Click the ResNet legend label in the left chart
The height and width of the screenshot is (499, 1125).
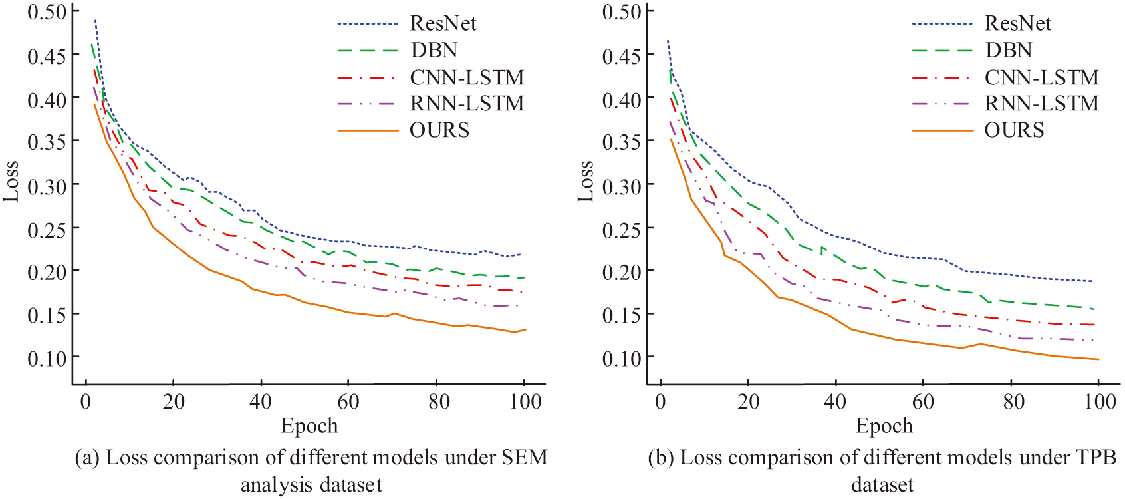point(443,23)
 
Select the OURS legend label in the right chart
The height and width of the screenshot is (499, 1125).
point(1014,130)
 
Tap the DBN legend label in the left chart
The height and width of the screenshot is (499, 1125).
point(434,50)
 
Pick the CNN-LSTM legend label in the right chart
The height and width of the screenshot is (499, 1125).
point(1041,77)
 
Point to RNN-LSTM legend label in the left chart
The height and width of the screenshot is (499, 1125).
point(467,103)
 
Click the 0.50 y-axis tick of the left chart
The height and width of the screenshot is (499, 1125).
point(47,12)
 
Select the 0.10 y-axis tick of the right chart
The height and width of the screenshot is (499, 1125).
point(622,358)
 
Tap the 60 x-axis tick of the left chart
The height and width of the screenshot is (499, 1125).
point(348,401)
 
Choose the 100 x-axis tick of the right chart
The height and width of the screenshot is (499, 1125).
point(1100,401)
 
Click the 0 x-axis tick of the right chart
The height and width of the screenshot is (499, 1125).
point(660,401)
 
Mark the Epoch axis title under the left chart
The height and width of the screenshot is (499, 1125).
point(309,426)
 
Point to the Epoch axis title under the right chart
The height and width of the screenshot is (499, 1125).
point(884,426)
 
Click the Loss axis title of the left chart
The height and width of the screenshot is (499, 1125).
point(11,181)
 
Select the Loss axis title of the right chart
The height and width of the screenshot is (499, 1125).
point(586,181)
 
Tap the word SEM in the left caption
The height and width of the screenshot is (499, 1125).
point(525,458)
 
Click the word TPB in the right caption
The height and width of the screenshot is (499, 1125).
point(1094,458)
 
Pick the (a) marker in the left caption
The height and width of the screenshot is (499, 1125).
point(87,458)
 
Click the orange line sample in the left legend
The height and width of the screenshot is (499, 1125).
point(368,130)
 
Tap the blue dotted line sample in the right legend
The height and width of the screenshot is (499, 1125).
point(942,24)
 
